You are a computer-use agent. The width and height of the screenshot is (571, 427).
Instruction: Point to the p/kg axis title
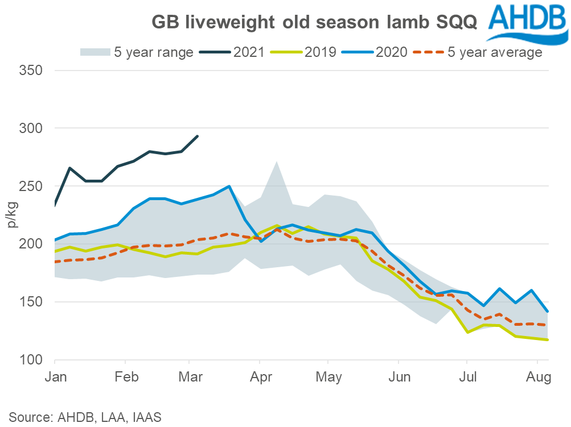(13, 215)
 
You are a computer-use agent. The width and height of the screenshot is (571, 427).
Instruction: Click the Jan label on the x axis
(55, 376)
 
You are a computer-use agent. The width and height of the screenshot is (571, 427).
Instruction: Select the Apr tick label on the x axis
(260, 376)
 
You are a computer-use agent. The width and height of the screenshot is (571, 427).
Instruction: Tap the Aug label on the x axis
(537, 376)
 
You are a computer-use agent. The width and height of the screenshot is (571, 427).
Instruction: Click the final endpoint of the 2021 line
(197, 136)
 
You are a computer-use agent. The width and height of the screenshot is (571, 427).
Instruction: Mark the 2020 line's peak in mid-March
(229, 186)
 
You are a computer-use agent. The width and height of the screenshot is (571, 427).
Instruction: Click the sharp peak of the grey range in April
(276, 162)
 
